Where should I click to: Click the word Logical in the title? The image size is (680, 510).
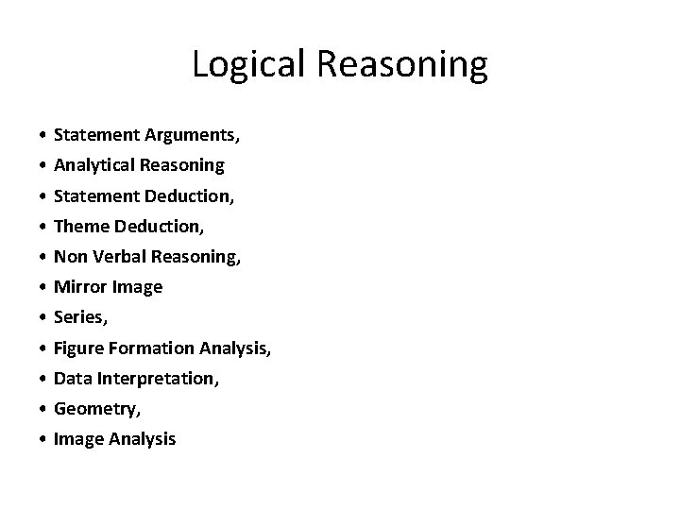pyautogui.click(x=245, y=64)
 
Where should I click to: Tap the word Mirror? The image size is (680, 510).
pyautogui.click(x=79, y=287)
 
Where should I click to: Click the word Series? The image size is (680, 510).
pyautogui.click(x=78, y=318)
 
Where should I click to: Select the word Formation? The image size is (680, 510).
pyautogui.click(x=151, y=348)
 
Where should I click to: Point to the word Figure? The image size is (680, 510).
pyautogui.click(x=80, y=348)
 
